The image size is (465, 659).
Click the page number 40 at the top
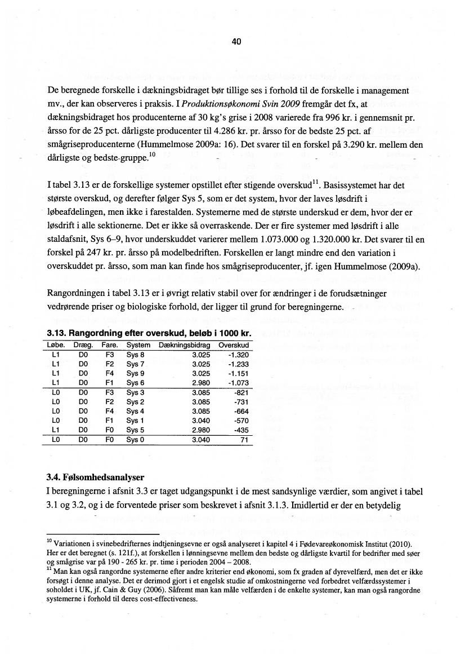(236, 41)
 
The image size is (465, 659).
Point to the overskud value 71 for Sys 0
(244, 440)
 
